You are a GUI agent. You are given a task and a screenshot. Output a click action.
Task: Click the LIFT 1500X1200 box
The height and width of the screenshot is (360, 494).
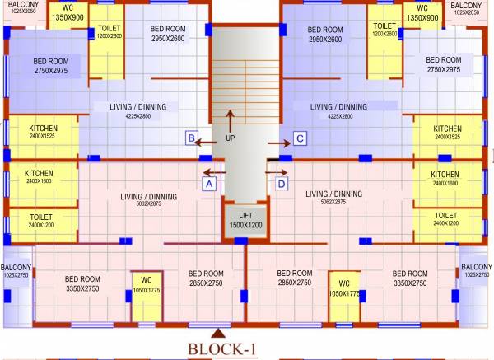click(x=245, y=220)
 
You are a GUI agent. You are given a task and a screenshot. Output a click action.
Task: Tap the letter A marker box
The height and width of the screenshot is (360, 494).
click(x=209, y=185)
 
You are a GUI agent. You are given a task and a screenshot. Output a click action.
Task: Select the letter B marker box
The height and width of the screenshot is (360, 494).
click(x=191, y=138)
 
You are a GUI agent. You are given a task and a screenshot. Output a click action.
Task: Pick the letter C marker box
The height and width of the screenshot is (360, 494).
click(x=301, y=138)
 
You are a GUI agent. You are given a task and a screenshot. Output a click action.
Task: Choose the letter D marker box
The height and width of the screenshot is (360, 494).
click(x=282, y=185)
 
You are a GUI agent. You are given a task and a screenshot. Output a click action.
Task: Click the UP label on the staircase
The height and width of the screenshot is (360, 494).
click(x=230, y=138)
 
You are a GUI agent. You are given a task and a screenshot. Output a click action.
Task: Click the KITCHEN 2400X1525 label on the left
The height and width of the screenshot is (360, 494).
click(x=43, y=133)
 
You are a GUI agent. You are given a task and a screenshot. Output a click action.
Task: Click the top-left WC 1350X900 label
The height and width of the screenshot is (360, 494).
click(x=68, y=12)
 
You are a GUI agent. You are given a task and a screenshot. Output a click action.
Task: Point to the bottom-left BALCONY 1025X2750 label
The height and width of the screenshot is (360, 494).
click(x=15, y=270)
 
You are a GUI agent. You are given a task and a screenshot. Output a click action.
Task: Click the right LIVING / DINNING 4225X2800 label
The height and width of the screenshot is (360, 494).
click(x=339, y=111)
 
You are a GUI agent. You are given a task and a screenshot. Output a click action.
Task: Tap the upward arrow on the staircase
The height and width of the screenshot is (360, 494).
click(x=230, y=119)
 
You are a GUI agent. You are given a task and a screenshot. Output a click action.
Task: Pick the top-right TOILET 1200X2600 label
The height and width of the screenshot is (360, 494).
click(x=383, y=31)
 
